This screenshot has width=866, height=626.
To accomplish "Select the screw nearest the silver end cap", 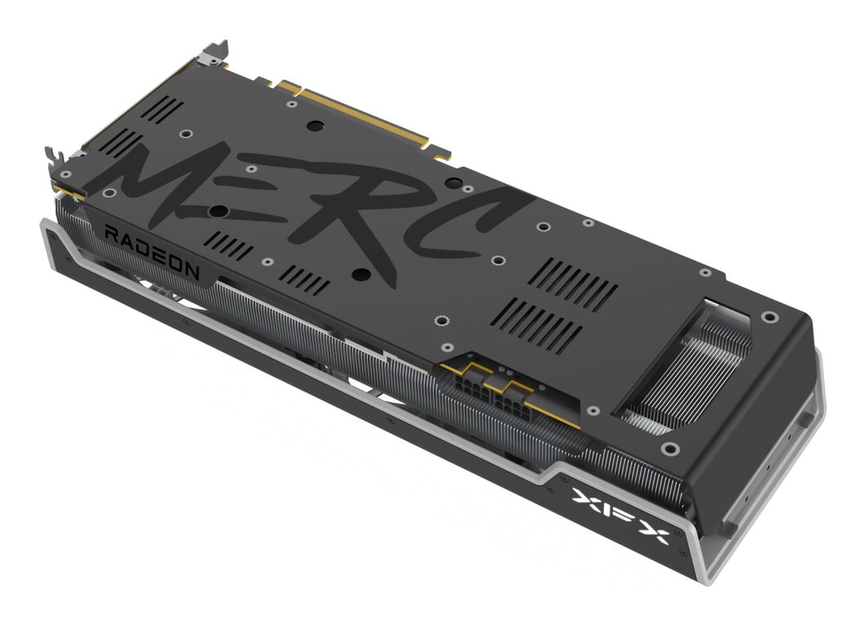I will point(768,316).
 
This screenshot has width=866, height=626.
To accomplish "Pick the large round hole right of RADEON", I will point(217,210).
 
